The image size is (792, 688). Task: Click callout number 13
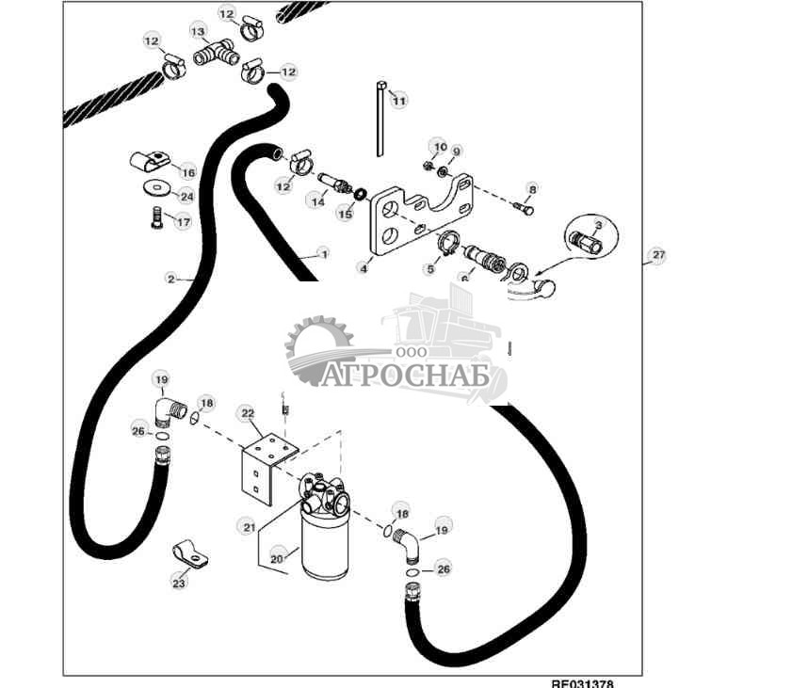pyautogui.click(x=199, y=31)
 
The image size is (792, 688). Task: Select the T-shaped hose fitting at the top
pyautogui.click(x=215, y=54)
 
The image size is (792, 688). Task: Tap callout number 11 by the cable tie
pyautogui.click(x=399, y=100)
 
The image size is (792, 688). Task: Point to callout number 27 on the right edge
pyautogui.click(x=658, y=255)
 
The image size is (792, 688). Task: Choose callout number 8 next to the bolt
pyautogui.click(x=531, y=189)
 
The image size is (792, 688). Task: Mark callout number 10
pyautogui.click(x=438, y=146)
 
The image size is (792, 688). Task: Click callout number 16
pyautogui.click(x=187, y=172)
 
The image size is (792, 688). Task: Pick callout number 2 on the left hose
pyautogui.click(x=170, y=279)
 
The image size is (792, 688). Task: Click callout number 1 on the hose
pyautogui.click(x=323, y=253)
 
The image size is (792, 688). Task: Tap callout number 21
pyautogui.click(x=250, y=527)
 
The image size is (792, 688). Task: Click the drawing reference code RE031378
pyautogui.click(x=583, y=682)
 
